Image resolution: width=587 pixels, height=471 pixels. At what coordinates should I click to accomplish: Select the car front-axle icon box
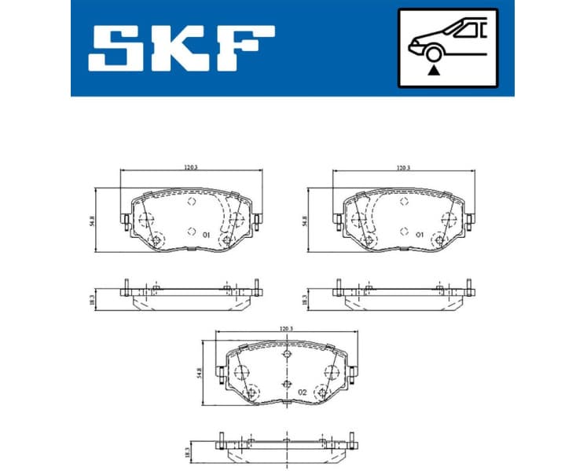point(448,48)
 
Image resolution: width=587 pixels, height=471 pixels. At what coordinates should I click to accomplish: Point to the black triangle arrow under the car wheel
point(433,70)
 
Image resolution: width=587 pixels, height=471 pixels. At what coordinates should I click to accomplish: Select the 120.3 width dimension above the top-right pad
point(403,167)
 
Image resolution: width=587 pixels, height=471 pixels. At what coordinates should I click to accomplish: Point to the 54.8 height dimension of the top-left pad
point(92,222)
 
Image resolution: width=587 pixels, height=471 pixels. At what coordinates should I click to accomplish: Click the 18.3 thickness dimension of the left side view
point(92,298)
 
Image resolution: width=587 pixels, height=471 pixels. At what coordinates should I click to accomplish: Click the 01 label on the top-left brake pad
point(206,235)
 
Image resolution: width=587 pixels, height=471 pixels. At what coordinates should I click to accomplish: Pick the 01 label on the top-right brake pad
point(420,235)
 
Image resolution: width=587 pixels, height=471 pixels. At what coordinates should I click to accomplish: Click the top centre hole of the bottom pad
point(286,357)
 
